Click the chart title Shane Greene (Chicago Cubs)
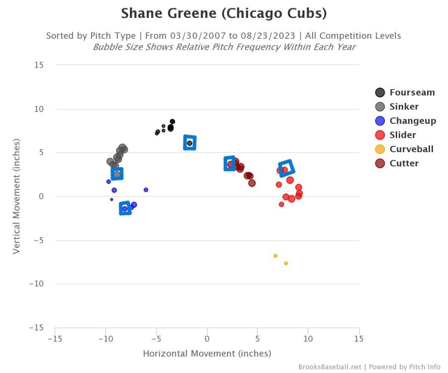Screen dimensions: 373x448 [224, 13]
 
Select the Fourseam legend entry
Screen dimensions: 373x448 [412, 93]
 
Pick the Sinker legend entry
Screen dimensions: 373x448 [404, 106]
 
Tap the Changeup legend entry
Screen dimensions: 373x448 [412, 121]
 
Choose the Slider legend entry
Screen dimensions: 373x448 [402, 135]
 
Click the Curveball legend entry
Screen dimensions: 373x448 [411, 149]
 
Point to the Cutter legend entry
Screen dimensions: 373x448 [404, 163]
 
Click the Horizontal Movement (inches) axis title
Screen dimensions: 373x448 [207, 354]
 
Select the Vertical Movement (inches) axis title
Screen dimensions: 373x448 [16, 196]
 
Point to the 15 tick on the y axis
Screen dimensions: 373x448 [39, 65]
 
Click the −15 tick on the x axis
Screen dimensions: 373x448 [55, 339]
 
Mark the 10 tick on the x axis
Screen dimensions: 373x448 [308, 339]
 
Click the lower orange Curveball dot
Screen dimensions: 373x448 [286, 263]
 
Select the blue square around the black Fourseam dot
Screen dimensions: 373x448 [190, 143]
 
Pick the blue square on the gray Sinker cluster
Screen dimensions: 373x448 [117, 174]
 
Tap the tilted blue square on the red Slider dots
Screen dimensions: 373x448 [286, 169]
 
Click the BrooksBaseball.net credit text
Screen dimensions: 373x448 [330, 367]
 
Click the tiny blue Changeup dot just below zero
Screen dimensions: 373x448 [112, 199]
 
